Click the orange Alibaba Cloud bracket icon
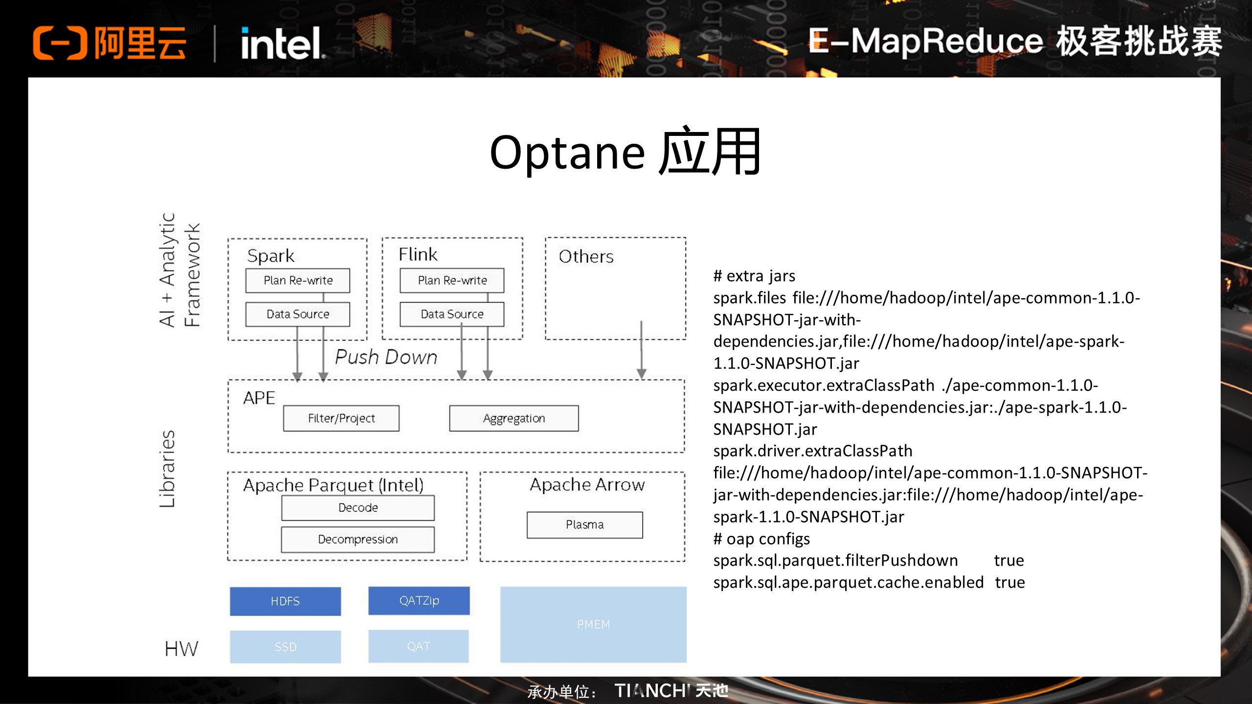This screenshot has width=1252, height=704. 60,43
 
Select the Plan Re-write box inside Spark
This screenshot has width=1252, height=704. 297,281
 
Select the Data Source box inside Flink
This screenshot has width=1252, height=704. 451,314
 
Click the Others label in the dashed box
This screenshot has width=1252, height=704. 585,257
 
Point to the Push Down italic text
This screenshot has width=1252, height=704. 386,357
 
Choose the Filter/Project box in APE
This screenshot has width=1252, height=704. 341,418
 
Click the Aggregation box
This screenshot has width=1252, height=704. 514,418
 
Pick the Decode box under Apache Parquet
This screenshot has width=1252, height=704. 358,508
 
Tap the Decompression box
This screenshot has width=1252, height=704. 358,540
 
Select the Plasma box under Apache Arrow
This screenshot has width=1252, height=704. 584,525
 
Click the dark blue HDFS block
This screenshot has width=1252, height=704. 285,601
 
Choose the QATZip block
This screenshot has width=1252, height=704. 419,601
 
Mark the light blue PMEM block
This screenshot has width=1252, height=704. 593,625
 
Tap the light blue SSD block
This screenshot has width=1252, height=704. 285,647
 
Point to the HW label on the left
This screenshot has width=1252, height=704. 181,649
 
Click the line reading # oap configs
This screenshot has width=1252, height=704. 761,539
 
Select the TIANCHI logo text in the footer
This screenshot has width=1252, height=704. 671,691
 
